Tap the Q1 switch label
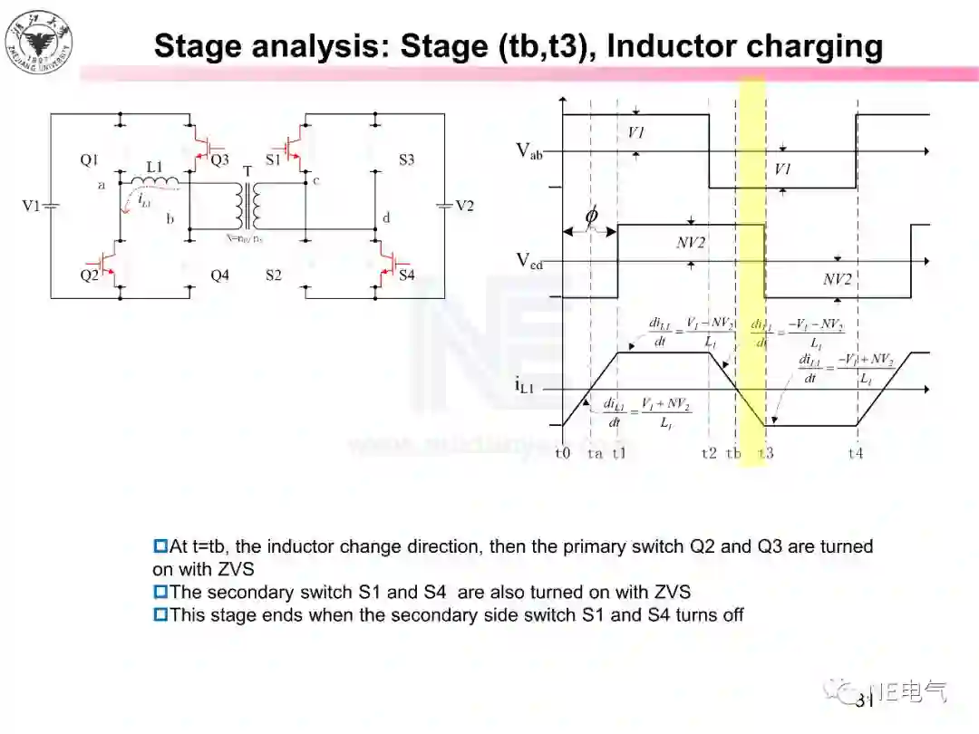pyautogui.click(x=89, y=160)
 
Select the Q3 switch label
pyautogui.click(x=219, y=160)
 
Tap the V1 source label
pyautogui.click(x=32, y=206)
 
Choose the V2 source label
pyautogui.click(x=464, y=206)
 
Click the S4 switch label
pyautogui.click(x=406, y=275)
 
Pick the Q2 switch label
pyautogui.click(x=89, y=275)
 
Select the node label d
pyautogui.click(x=387, y=218)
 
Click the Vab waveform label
pyautogui.click(x=529, y=151)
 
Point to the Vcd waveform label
pyautogui.click(x=529, y=261)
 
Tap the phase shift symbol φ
pyautogui.click(x=591, y=217)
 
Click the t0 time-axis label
pyautogui.click(x=563, y=452)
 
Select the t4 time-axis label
pyautogui.click(x=855, y=452)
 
